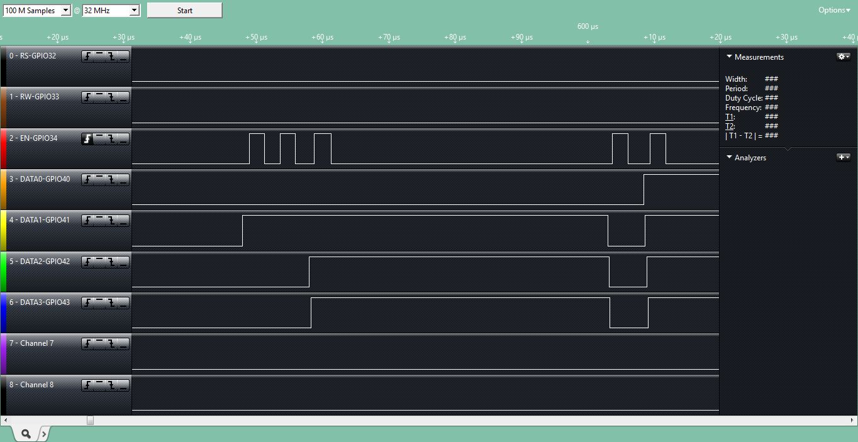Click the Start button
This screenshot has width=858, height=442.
185,10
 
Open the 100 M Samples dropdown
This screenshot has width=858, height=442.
65,10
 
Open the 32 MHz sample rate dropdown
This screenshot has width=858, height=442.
134,10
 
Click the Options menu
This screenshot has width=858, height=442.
834,10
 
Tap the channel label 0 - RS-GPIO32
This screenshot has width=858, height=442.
33,56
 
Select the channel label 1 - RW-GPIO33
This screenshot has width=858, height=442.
34,97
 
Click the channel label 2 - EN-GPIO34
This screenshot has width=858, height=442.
33,138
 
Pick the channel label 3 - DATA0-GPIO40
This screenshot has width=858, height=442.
40,179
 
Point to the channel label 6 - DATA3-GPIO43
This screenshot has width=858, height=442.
40,302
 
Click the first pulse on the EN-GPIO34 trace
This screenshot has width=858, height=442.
257,134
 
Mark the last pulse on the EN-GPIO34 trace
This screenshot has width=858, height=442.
658,134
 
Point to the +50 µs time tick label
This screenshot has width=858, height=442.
256,37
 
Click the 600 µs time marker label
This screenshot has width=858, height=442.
588,26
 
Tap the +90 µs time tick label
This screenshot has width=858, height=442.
521,37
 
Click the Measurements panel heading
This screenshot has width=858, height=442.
759,57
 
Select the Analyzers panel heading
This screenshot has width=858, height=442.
750,158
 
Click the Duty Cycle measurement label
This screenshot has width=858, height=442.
744,98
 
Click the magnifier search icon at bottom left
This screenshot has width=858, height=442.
26,434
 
